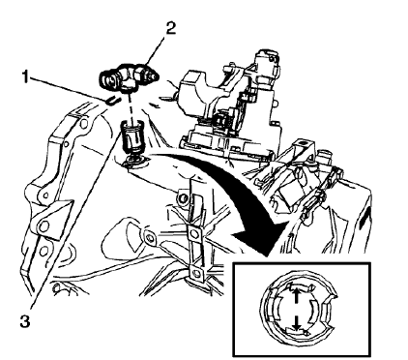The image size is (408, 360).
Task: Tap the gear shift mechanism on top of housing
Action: [233, 97]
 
